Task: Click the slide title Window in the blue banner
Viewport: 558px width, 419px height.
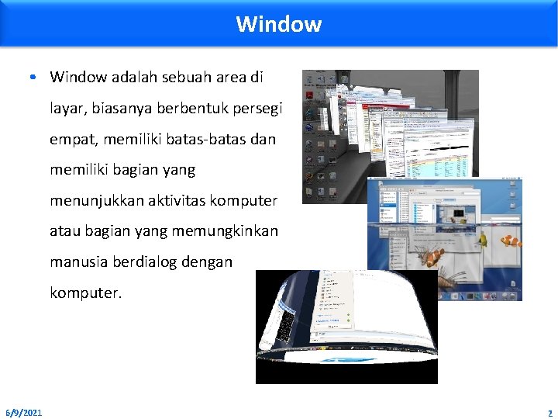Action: coord(278,24)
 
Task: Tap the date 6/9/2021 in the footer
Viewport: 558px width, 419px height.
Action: coord(24,412)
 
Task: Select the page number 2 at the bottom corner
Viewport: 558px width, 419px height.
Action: coord(549,413)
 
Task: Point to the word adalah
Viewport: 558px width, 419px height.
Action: coord(124,77)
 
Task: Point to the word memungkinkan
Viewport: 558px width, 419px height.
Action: coord(230,232)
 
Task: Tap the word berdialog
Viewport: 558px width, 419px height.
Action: coord(144,262)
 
